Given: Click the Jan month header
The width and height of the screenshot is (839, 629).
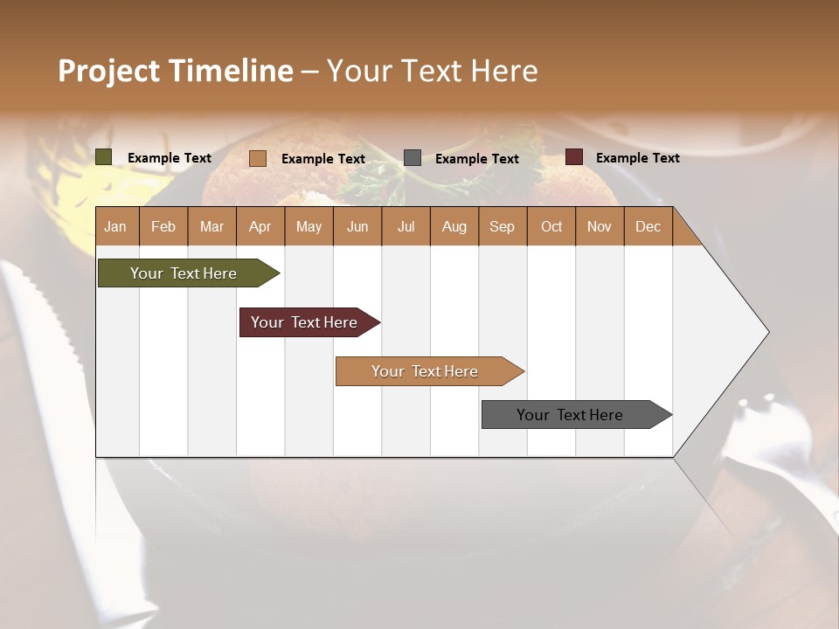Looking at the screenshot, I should click(x=115, y=226).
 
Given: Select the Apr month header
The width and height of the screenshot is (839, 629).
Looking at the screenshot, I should click(x=260, y=226).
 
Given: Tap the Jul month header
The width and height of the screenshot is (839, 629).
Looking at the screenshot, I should click(x=406, y=226).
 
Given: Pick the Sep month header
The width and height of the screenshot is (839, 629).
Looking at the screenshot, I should click(x=502, y=226).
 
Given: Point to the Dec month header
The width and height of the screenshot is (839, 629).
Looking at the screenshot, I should click(x=648, y=226).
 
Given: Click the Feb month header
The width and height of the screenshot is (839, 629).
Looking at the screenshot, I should click(x=163, y=226).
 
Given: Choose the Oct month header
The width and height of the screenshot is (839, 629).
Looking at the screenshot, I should click(x=551, y=226).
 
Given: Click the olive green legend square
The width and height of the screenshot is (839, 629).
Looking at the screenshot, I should click(x=104, y=157).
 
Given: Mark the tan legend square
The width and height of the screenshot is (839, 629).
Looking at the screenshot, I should click(x=258, y=158).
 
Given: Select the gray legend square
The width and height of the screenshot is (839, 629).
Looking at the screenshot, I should click(x=413, y=158).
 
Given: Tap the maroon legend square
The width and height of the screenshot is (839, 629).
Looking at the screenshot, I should click(x=574, y=157).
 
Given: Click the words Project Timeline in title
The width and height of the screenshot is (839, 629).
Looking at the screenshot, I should click(x=175, y=71).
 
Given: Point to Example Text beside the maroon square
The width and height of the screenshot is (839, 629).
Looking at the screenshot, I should click(x=637, y=157).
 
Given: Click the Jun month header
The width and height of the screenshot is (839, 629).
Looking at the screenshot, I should click(x=357, y=226).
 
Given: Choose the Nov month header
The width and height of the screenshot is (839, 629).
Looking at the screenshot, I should click(x=599, y=226).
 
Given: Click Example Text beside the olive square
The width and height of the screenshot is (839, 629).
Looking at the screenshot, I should click(x=169, y=157).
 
